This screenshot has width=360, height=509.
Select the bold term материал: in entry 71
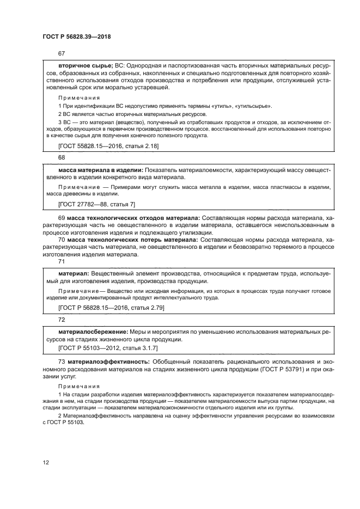tap(74, 273)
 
